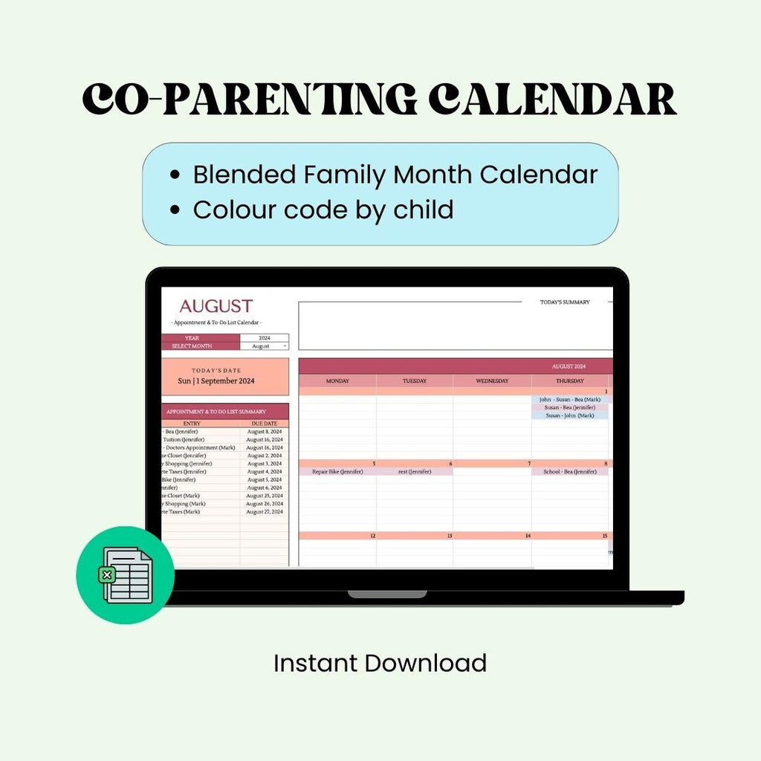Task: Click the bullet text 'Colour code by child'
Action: pos(323,210)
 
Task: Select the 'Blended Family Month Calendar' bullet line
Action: pos(395,175)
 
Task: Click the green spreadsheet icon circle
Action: pos(125,574)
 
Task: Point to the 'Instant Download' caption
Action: pos(380,662)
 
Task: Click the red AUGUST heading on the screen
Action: pos(216,306)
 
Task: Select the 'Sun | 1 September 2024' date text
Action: pos(216,381)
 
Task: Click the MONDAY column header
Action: pos(337,381)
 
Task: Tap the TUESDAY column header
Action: pos(415,381)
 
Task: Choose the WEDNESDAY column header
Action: pos(492,381)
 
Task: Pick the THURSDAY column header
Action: pos(570,381)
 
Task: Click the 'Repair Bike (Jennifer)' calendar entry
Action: pos(337,471)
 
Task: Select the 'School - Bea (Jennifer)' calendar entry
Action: pos(570,471)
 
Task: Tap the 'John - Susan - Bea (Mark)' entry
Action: pos(570,399)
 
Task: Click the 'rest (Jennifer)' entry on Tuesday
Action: pos(415,471)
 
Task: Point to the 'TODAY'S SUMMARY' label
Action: pos(565,302)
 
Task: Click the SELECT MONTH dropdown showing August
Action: pos(264,346)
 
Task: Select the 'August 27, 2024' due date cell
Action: pos(265,511)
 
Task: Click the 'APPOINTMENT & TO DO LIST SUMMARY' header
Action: pos(216,411)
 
